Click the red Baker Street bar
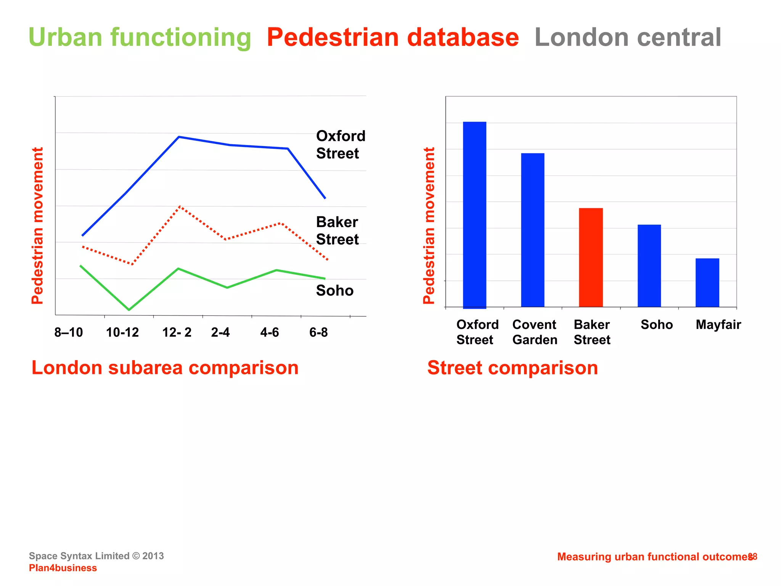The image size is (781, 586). click(x=591, y=258)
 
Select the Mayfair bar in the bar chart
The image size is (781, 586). click(x=707, y=283)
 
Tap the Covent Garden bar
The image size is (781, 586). click(x=532, y=230)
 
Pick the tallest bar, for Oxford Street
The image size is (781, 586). click(x=474, y=214)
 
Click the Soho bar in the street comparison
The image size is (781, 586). click(x=649, y=266)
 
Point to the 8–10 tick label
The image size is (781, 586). click(x=69, y=333)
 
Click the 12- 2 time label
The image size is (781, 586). click(x=177, y=333)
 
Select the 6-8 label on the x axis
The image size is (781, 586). click(x=318, y=333)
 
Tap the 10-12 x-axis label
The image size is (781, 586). click(x=122, y=333)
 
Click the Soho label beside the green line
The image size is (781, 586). click(x=335, y=291)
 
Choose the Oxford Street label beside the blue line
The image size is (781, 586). click(x=341, y=145)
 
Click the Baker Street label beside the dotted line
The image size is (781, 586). click(x=337, y=231)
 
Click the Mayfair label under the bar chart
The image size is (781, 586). click(x=718, y=325)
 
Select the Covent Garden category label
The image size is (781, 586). click(x=535, y=332)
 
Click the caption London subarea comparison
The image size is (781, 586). click(x=165, y=368)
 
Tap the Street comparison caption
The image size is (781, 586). click(x=513, y=368)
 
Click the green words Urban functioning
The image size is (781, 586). click(x=140, y=37)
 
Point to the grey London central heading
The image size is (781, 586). click(x=628, y=37)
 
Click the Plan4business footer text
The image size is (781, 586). click(x=63, y=568)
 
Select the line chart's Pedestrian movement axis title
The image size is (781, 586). click(x=37, y=226)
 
